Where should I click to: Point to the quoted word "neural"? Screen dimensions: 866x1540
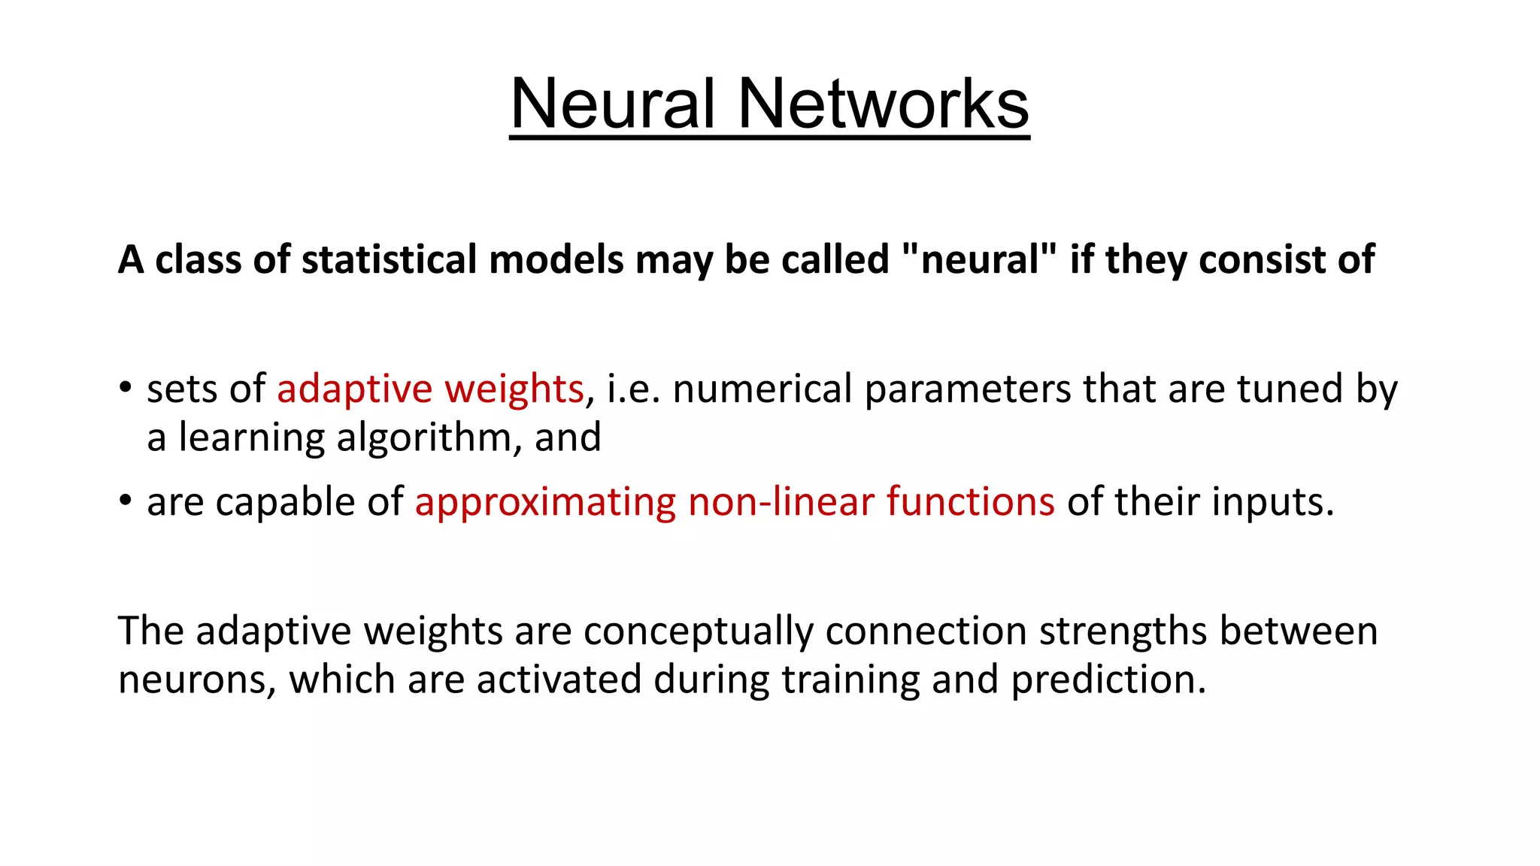[x=978, y=260]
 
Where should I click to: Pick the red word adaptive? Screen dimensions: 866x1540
[x=354, y=389]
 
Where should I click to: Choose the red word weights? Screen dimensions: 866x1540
[x=514, y=389]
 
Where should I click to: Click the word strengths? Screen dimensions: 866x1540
[x=1123, y=631]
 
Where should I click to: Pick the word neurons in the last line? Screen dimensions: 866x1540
[x=197, y=680]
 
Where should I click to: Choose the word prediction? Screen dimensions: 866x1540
[x=1108, y=680]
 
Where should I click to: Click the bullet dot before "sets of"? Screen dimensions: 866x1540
[x=126, y=389]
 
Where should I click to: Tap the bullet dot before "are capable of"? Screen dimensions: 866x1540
[x=126, y=501]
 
